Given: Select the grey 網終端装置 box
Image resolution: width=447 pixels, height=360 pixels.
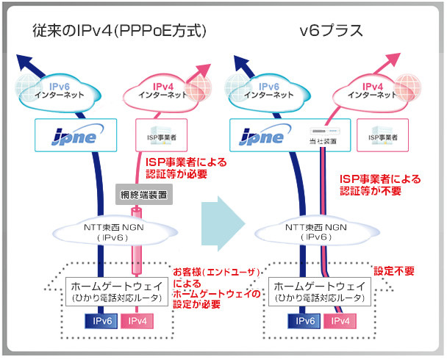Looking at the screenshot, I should point(144,196).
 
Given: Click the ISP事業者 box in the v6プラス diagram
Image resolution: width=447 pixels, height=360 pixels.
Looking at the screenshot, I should point(382,137).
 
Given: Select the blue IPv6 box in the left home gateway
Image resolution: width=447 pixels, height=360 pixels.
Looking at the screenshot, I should point(100,321).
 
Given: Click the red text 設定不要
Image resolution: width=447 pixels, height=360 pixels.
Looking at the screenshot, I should point(395,270).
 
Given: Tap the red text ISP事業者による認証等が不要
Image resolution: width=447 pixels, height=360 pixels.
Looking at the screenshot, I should point(381,184).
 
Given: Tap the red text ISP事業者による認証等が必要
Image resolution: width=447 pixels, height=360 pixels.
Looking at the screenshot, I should point(184,168).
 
